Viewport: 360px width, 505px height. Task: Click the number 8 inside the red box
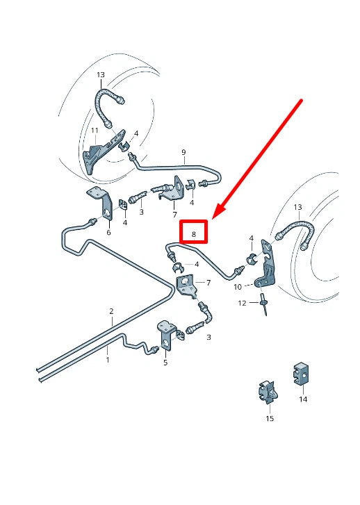pos(193,234)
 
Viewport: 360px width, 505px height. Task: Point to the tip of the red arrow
pos(214,217)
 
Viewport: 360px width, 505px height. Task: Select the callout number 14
pos(303,399)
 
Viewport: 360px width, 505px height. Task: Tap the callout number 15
pos(270,418)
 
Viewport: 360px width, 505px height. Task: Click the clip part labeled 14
pos(300,374)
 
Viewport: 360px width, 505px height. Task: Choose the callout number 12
pos(242,304)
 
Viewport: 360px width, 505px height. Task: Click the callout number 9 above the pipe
pos(183,152)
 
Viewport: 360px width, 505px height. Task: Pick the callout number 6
pos(108,233)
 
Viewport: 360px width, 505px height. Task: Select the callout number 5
pos(165,362)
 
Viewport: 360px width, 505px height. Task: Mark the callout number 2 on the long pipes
pos(111,312)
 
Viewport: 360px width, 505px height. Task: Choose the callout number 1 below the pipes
pos(108,360)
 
